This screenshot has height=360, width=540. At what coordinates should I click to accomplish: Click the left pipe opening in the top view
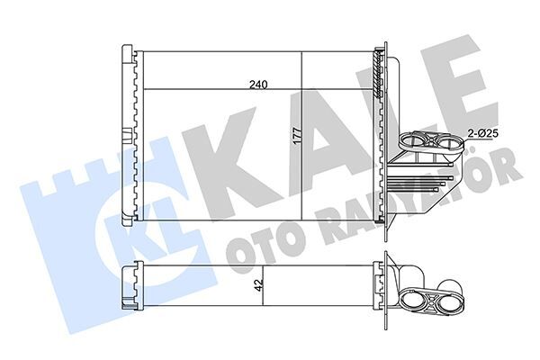click(414, 139)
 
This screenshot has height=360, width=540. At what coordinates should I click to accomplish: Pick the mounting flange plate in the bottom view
click(385, 284)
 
